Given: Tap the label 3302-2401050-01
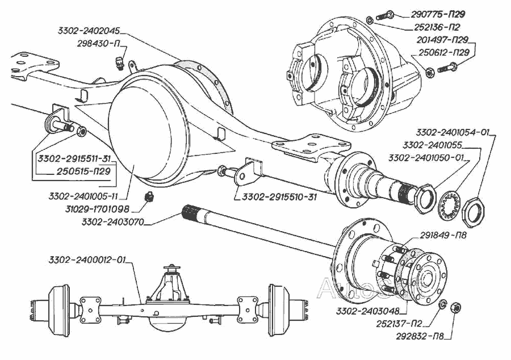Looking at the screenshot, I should pos(424,157).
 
